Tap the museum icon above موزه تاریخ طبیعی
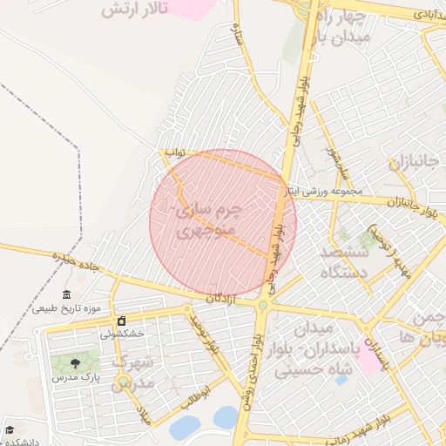67,295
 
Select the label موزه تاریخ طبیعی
67,308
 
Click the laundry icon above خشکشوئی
122,321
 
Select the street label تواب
177,152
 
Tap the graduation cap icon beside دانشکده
10,430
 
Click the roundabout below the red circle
262,305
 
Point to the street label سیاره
236,34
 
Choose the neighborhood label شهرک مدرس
135,372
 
